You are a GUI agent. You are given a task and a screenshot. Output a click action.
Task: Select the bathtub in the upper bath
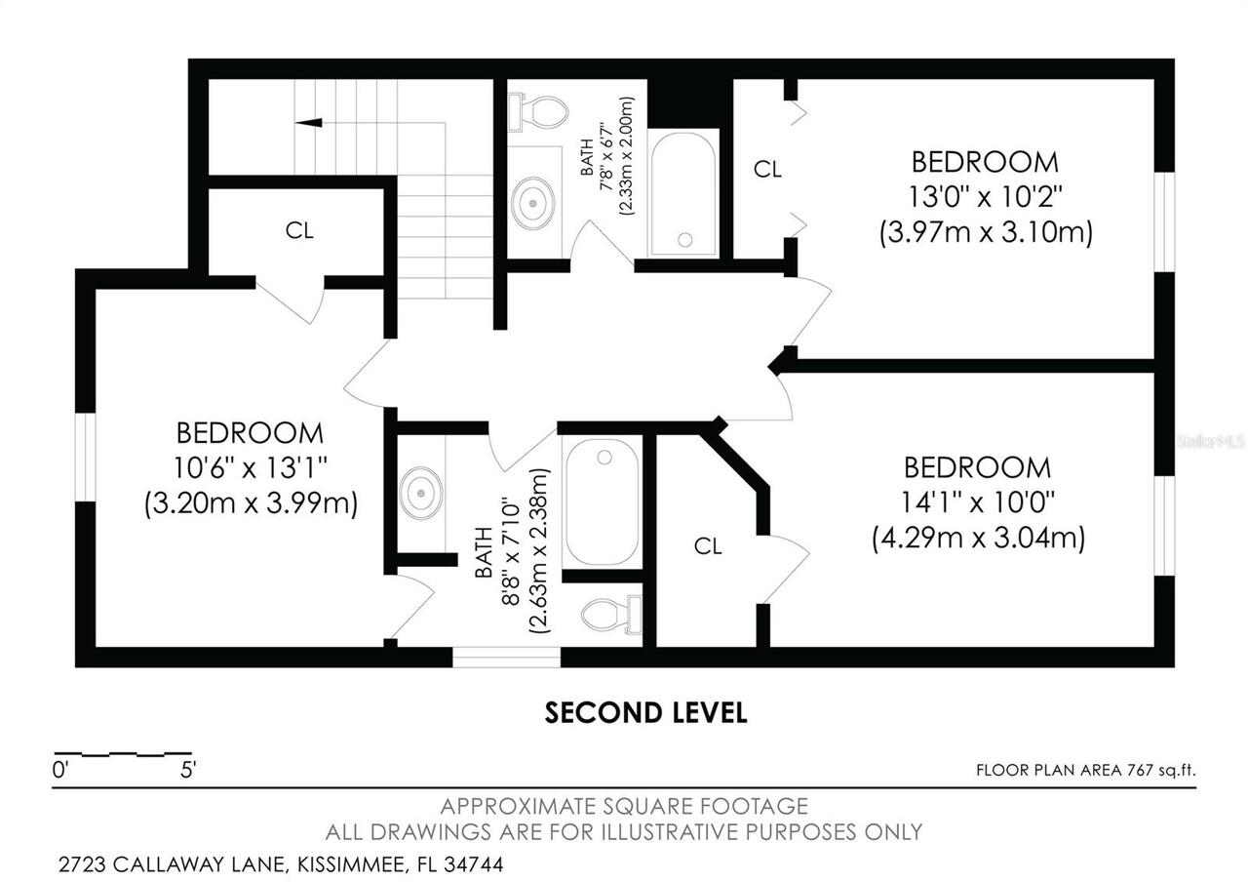coord(683,193)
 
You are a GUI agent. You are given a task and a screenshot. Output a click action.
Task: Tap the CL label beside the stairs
coord(299,231)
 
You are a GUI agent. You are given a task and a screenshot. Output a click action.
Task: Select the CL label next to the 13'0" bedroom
coord(767,170)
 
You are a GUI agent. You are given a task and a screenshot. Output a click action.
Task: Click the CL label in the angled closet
coord(708,546)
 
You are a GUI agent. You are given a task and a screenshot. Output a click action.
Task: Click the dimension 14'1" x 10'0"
coord(978,502)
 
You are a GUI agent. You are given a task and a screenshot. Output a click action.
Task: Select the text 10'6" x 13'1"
coord(250,468)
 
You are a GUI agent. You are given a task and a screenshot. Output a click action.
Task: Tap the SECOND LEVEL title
coord(645,713)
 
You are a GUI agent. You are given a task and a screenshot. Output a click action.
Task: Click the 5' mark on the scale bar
coord(188,770)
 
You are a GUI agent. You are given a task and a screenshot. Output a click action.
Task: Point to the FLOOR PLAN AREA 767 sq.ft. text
coord(1085,770)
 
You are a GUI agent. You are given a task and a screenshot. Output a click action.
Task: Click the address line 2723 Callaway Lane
coord(280,864)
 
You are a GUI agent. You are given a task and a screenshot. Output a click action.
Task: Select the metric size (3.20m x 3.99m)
coord(251,504)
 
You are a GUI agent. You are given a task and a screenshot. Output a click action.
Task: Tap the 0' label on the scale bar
coord(60,770)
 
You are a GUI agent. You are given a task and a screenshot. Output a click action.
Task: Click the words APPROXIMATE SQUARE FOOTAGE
coord(624,807)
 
